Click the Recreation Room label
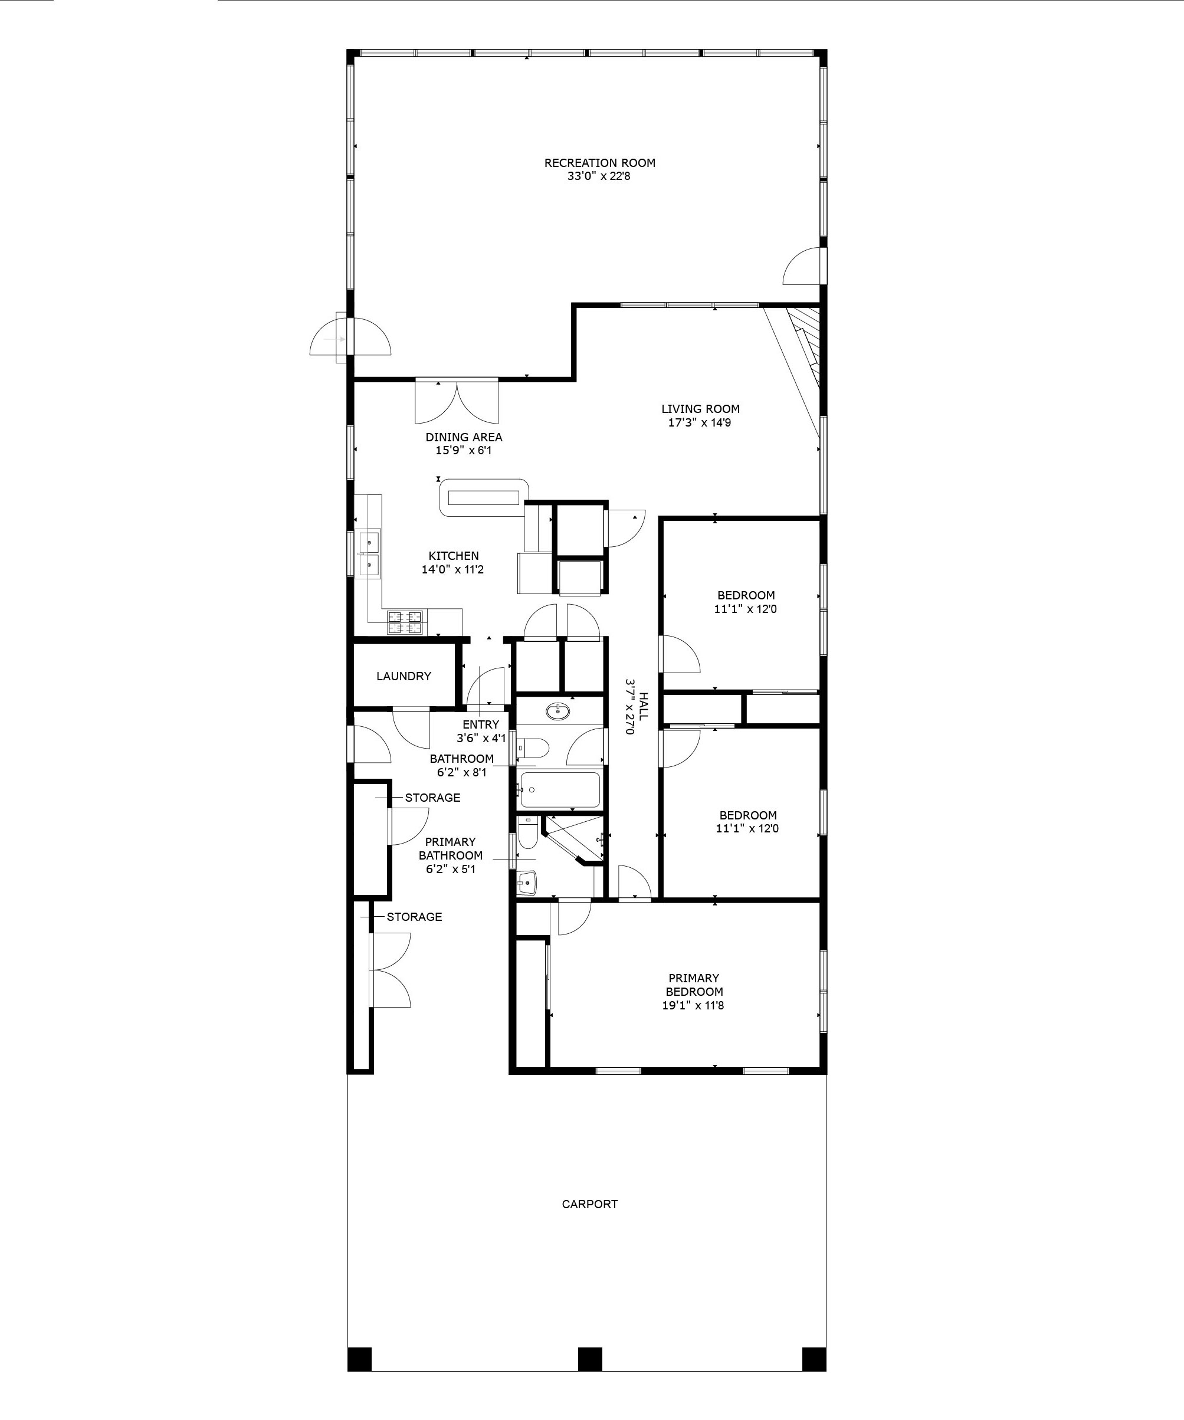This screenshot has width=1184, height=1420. click(x=600, y=163)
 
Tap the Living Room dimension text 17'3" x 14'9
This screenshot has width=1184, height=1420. click(x=699, y=422)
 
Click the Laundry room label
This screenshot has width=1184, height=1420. click(x=404, y=675)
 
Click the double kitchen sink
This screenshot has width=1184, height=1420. click(x=369, y=553)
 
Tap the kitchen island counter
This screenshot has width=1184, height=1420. click(x=484, y=497)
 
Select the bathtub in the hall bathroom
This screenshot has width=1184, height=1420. click(x=559, y=790)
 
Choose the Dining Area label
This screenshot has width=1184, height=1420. click(x=464, y=438)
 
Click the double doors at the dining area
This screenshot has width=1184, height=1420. click(x=457, y=402)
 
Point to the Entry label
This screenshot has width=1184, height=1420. click(x=481, y=724)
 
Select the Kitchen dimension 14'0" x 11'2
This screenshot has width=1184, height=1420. click(x=453, y=569)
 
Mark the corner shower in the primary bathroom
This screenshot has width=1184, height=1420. click(x=575, y=839)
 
